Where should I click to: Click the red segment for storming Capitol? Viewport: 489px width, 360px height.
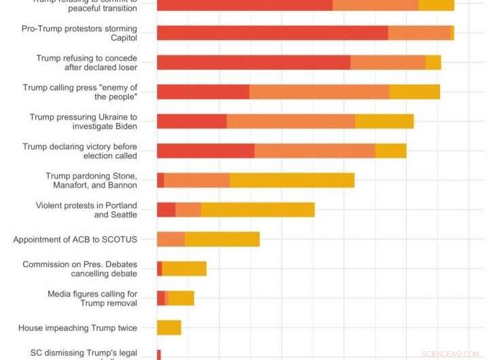pos(272,33)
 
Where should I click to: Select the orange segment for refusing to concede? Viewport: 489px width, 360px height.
pos(388,62)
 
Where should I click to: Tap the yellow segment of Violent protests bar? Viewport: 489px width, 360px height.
pos(257,209)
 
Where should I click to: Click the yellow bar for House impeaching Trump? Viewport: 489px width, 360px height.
pos(169,327)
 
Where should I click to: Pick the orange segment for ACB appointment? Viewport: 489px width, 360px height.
pos(170,239)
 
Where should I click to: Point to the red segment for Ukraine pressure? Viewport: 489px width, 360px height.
pos(192,121)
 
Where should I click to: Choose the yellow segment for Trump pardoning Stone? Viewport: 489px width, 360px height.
pos(292,180)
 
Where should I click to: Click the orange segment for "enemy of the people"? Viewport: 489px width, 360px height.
pos(319,92)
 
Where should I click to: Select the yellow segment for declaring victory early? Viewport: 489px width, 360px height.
pos(391,151)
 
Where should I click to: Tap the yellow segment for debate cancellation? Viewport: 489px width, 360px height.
pos(184,268)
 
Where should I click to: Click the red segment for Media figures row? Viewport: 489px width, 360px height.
pos(160,298)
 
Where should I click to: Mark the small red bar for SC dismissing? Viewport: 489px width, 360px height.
pos(159,354)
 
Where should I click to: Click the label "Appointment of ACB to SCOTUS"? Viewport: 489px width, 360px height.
pos(75,239)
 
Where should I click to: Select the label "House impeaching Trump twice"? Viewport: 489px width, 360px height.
pos(77,328)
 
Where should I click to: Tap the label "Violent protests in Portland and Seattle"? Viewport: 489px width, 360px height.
pos(86,210)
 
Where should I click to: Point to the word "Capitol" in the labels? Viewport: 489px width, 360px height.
pos(124,38)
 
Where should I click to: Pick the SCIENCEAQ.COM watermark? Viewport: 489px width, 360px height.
pos(449,354)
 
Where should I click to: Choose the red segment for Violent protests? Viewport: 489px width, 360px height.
pos(166,209)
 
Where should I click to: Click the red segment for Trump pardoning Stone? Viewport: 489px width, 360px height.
pos(160,180)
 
